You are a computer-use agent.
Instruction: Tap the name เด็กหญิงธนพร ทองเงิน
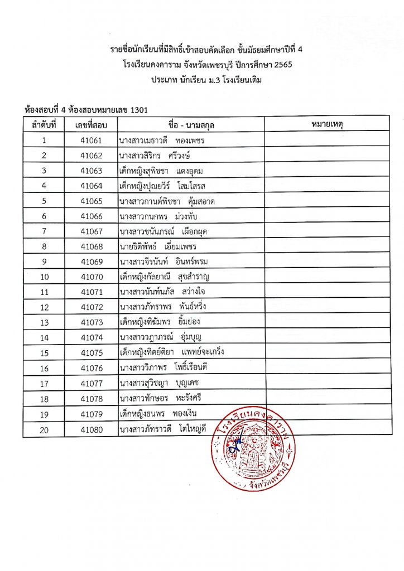click(x=158, y=414)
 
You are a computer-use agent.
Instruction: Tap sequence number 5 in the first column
click(x=44, y=201)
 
